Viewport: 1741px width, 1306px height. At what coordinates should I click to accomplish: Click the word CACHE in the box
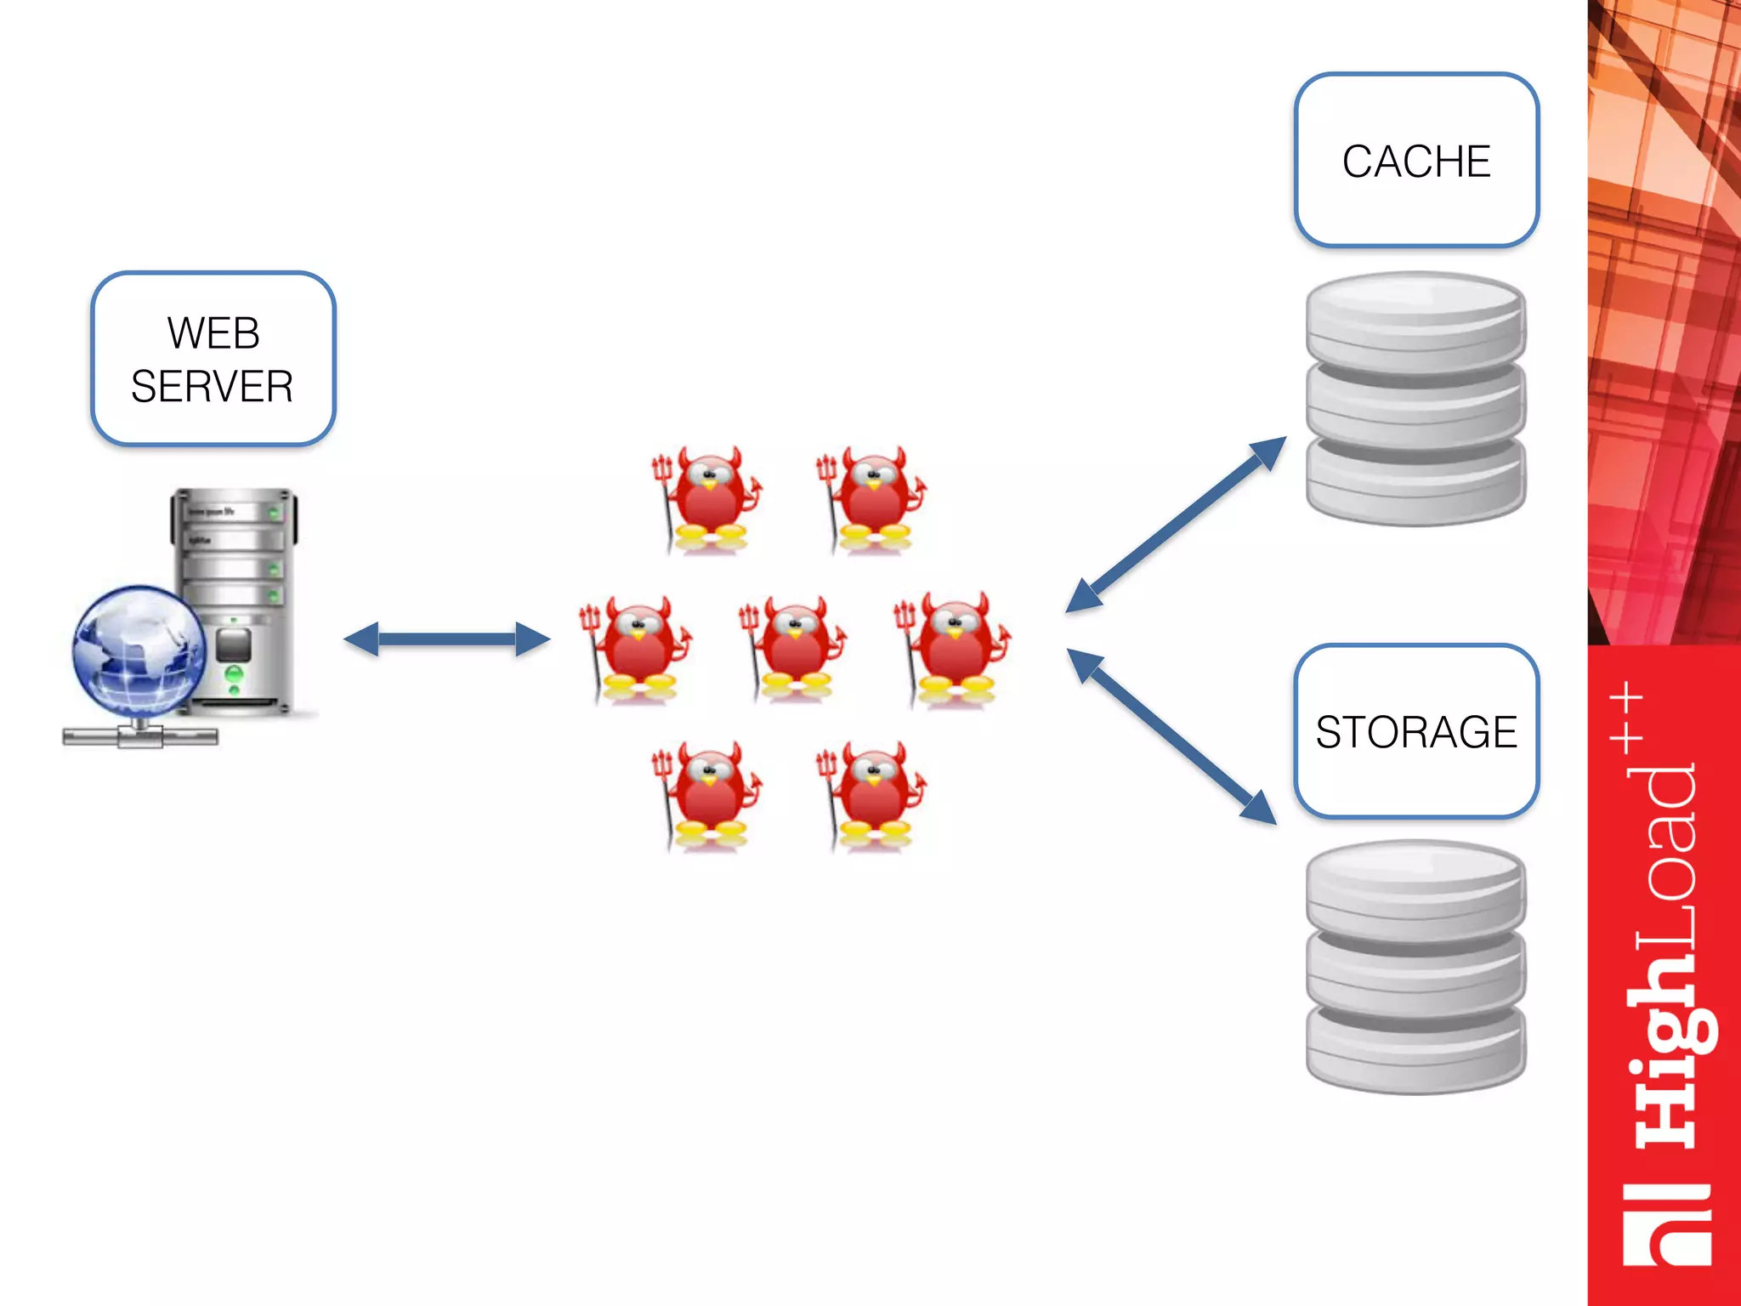1415,162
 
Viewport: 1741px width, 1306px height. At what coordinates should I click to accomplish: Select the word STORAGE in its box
1415,732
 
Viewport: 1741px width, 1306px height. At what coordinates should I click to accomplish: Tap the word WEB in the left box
213,332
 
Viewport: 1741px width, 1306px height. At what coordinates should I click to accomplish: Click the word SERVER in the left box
213,387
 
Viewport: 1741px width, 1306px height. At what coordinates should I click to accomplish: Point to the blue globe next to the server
138,650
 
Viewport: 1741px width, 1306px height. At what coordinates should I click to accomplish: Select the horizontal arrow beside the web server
447,639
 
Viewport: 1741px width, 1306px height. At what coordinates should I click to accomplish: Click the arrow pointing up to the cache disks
1177,524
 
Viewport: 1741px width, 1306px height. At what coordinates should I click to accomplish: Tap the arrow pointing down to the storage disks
1172,736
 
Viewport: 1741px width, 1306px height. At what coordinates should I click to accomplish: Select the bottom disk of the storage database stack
1415,1050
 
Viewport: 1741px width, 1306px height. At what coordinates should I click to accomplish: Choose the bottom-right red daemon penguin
872,795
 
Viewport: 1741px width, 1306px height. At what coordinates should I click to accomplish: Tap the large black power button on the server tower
234,645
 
